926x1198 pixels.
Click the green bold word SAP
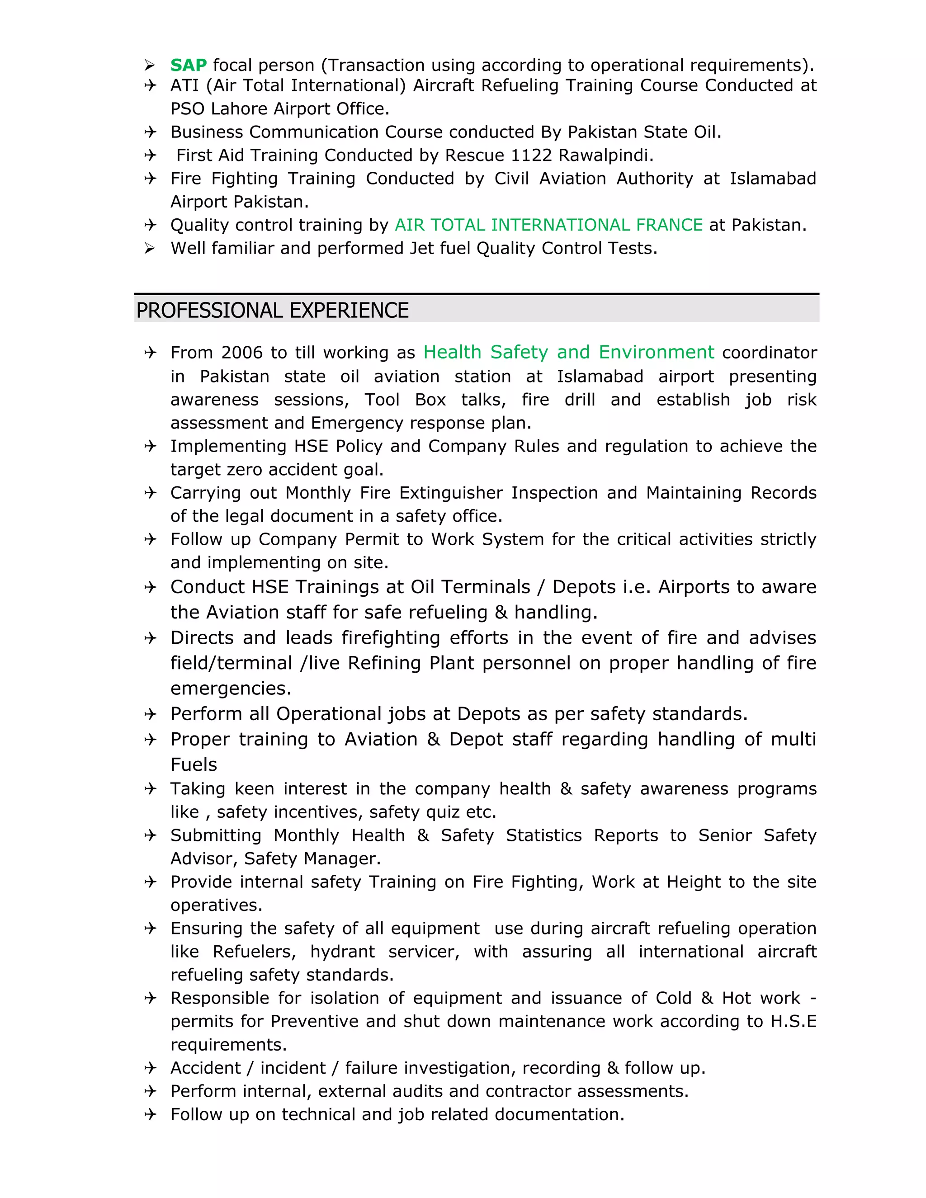tap(188, 65)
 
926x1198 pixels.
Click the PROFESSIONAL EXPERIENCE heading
tap(272, 311)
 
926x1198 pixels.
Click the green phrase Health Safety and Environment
tap(568, 352)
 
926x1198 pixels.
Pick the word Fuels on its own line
tap(194, 764)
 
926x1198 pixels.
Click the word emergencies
tap(231, 689)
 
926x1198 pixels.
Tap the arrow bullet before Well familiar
tap(150, 249)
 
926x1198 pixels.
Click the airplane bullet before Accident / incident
tap(150, 1068)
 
